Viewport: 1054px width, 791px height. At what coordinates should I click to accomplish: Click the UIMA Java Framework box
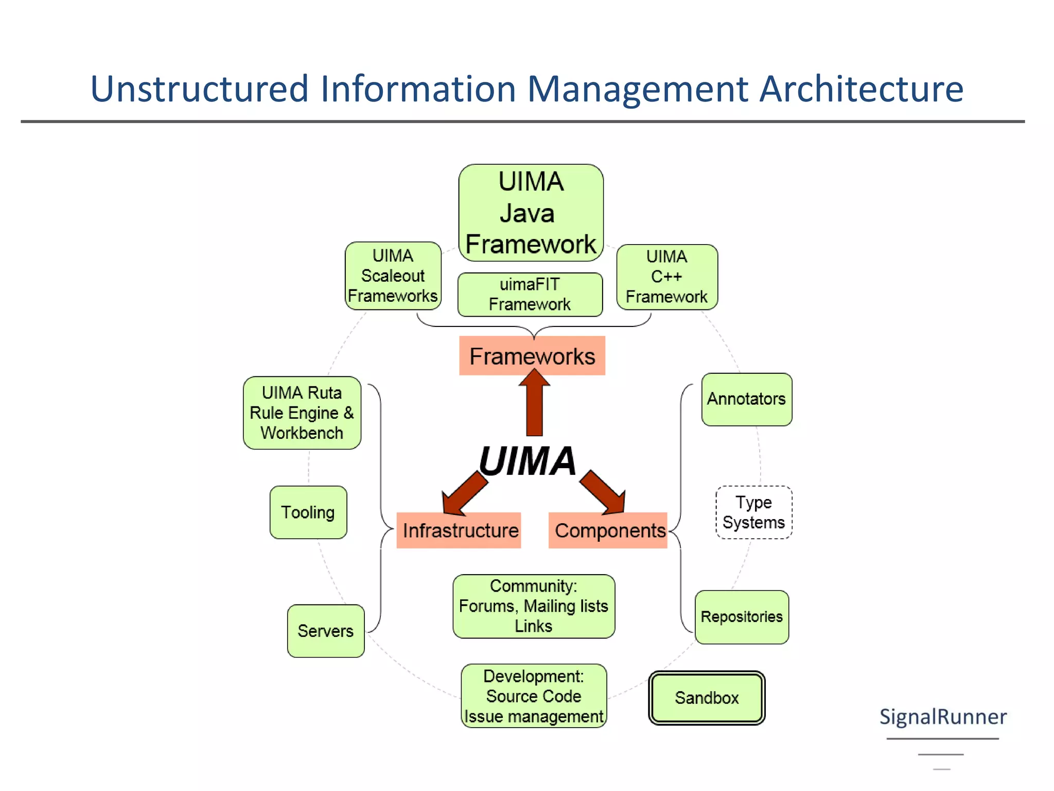(x=531, y=212)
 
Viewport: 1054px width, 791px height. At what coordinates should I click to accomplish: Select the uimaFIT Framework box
(x=530, y=294)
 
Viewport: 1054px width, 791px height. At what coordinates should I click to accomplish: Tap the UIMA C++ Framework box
(x=666, y=277)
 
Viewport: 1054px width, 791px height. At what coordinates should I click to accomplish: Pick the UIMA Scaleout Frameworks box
(x=393, y=276)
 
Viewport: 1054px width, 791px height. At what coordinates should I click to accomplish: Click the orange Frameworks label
(x=532, y=356)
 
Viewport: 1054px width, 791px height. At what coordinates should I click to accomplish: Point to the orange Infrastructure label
(x=459, y=530)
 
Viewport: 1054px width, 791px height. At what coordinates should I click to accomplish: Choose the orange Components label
(x=608, y=530)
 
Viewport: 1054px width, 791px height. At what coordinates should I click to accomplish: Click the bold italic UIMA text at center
(x=528, y=460)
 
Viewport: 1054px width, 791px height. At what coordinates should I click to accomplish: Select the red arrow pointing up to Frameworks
(x=534, y=404)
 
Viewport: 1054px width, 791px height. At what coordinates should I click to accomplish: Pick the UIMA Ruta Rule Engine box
(x=302, y=412)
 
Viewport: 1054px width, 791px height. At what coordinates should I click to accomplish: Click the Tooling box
(x=308, y=512)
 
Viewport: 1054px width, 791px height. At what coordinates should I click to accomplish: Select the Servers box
(x=326, y=631)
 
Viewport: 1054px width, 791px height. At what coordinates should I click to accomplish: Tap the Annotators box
(x=746, y=399)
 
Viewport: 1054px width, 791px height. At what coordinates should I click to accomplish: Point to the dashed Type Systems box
(x=753, y=512)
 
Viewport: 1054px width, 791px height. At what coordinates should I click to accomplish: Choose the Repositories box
(x=742, y=617)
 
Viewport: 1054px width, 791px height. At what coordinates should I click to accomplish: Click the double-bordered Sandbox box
(x=707, y=698)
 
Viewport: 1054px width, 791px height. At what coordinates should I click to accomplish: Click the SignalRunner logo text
(x=942, y=717)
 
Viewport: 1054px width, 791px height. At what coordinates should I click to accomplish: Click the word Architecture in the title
(x=861, y=89)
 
